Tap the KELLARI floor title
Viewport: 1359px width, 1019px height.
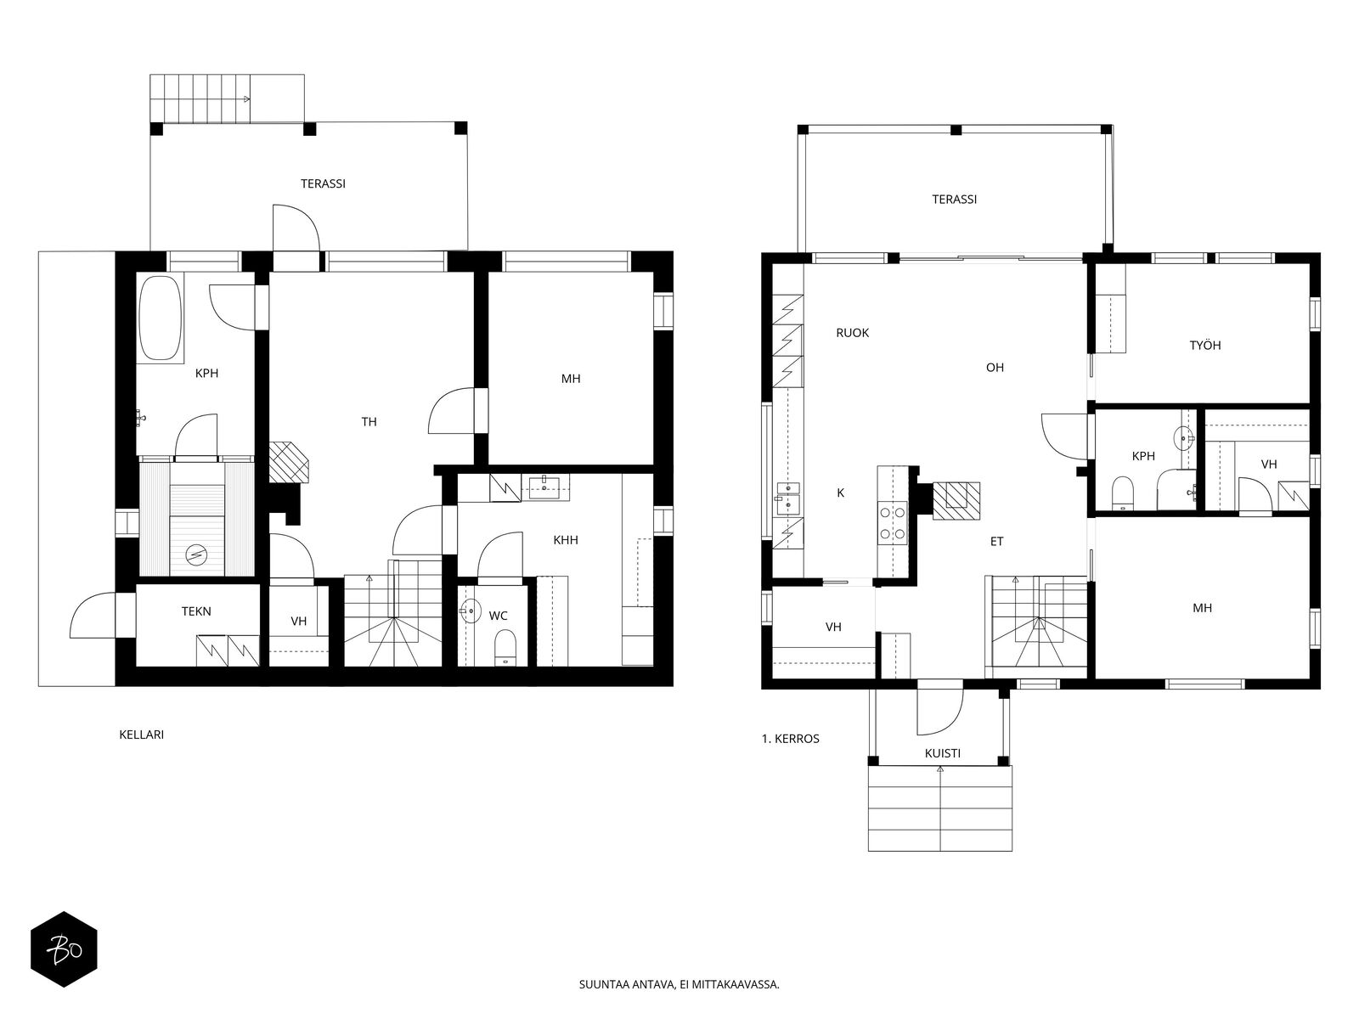141,735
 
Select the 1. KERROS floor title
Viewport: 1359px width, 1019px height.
790,739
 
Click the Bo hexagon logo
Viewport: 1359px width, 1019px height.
64,949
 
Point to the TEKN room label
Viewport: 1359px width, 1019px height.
196,611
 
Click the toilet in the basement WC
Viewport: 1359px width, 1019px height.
505,647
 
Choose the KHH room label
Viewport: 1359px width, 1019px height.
566,540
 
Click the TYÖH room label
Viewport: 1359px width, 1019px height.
1204,346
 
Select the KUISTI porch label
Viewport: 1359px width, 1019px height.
942,753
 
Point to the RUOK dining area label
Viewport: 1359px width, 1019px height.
853,333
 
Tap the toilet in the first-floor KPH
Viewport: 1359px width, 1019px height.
1121,493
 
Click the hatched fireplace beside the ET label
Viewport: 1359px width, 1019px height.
956,500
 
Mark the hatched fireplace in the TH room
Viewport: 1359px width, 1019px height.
289,462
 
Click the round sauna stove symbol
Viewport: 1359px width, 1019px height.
197,553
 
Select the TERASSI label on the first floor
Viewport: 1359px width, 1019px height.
954,200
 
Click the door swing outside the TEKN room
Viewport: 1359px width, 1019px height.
93,616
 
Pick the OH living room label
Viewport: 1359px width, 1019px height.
995,368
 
